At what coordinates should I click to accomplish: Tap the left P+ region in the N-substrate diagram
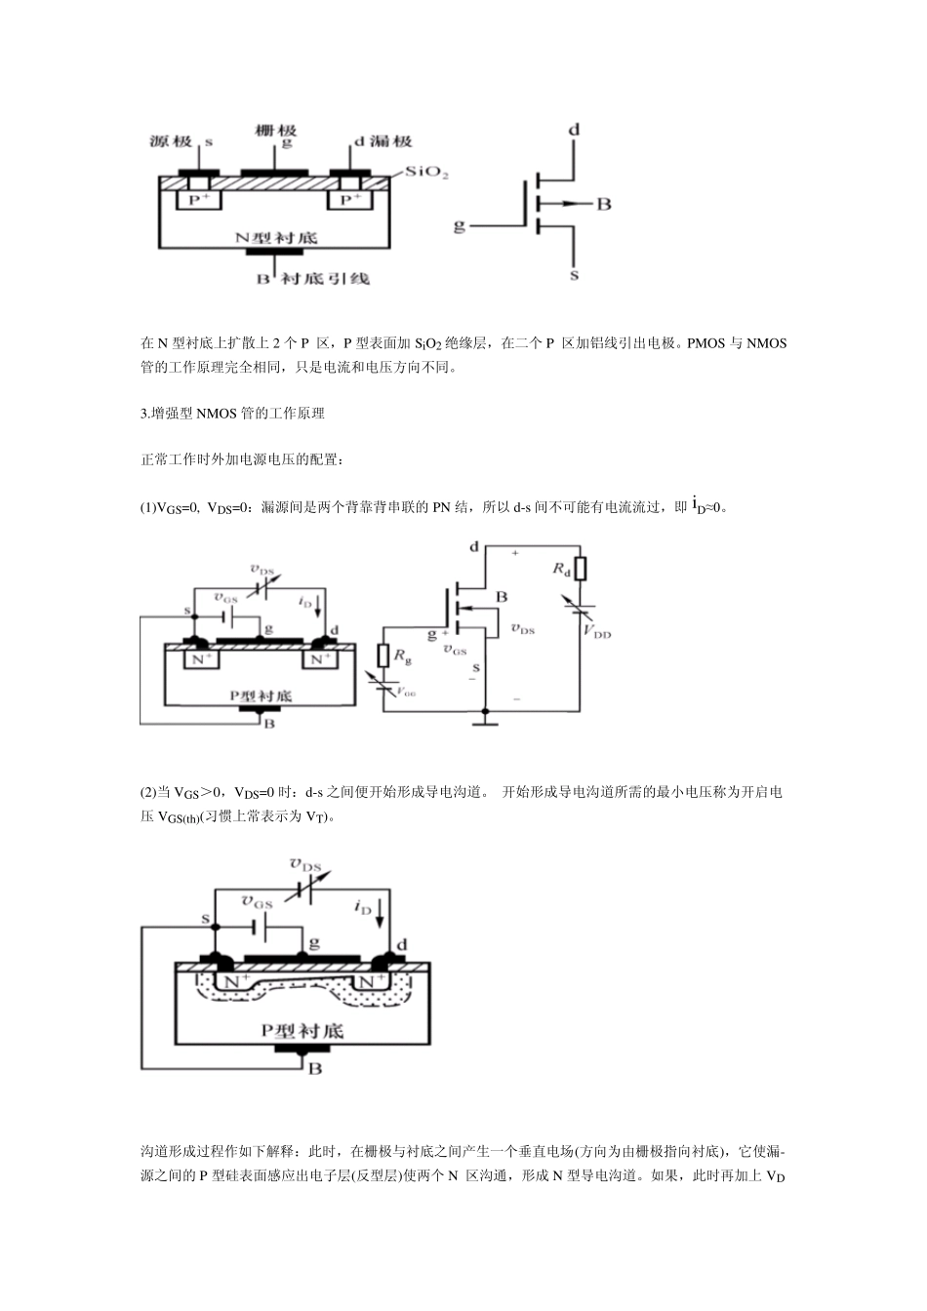tap(199, 199)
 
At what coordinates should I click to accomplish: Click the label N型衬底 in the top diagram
tap(276, 237)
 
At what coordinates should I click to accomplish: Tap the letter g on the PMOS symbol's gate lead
tap(460, 226)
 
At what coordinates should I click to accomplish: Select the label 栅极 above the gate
tap(275, 130)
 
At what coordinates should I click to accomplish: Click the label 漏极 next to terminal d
tap(389, 141)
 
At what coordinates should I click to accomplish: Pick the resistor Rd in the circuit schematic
tap(581, 569)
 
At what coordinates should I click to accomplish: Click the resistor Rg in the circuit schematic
tap(383, 657)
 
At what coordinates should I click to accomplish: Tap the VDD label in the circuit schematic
tap(597, 632)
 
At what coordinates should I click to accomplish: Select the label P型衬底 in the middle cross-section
tap(261, 695)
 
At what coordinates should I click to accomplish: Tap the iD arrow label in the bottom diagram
tap(363, 906)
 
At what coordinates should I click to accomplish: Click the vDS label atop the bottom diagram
tap(305, 864)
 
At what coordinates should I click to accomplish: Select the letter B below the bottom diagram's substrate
tap(314, 1069)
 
